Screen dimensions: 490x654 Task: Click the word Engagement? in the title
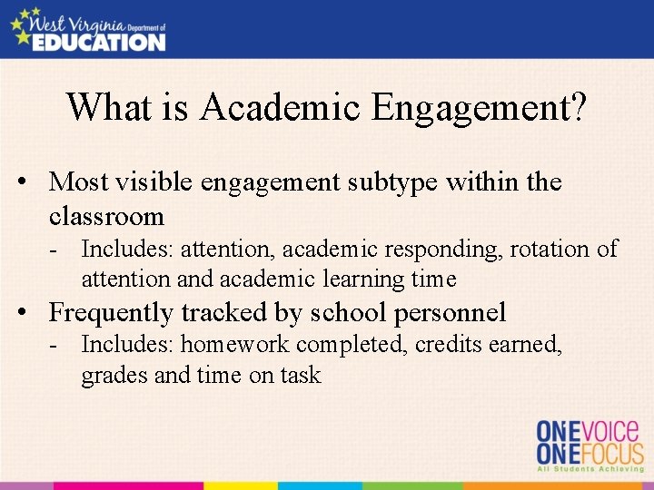(479, 108)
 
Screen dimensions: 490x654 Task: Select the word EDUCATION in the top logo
(99, 41)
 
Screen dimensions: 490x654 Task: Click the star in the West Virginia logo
(20, 25)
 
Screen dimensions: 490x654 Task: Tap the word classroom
(106, 217)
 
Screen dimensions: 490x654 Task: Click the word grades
(114, 375)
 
